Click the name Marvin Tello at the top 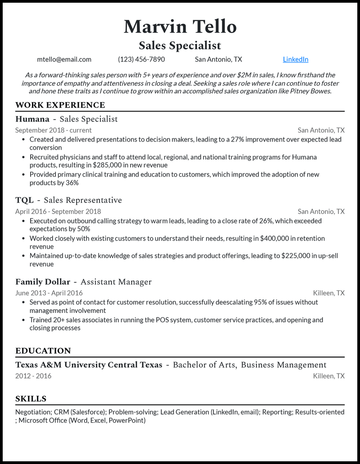click(x=180, y=27)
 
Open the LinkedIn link click(x=296, y=59)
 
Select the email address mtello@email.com click(x=64, y=59)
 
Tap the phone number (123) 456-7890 click(x=141, y=59)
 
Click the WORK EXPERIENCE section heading click(x=60, y=105)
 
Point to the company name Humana click(x=32, y=119)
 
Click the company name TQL click(x=24, y=201)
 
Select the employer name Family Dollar click(x=43, y=282)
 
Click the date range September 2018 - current click(x=53, y=130)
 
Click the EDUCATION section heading click(x=43, y=351)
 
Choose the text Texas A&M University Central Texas click(x=89, y=365)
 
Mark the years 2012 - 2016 click(x=33, y=376)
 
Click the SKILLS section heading click(x=31, y=399)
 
